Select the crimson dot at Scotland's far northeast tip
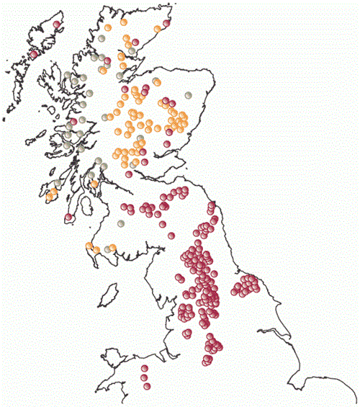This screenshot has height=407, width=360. coord(167,23)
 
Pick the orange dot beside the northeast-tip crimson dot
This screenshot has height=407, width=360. coord(161,28)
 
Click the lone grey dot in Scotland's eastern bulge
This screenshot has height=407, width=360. coord(189,94)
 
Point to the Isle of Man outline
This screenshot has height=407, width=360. coord(109,294)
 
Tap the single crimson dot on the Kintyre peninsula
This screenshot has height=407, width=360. coord(68,216)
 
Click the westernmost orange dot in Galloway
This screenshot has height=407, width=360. coord(89,247)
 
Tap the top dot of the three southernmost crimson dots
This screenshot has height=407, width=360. coord(144,368)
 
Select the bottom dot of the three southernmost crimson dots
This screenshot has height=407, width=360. coord(145,387)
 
